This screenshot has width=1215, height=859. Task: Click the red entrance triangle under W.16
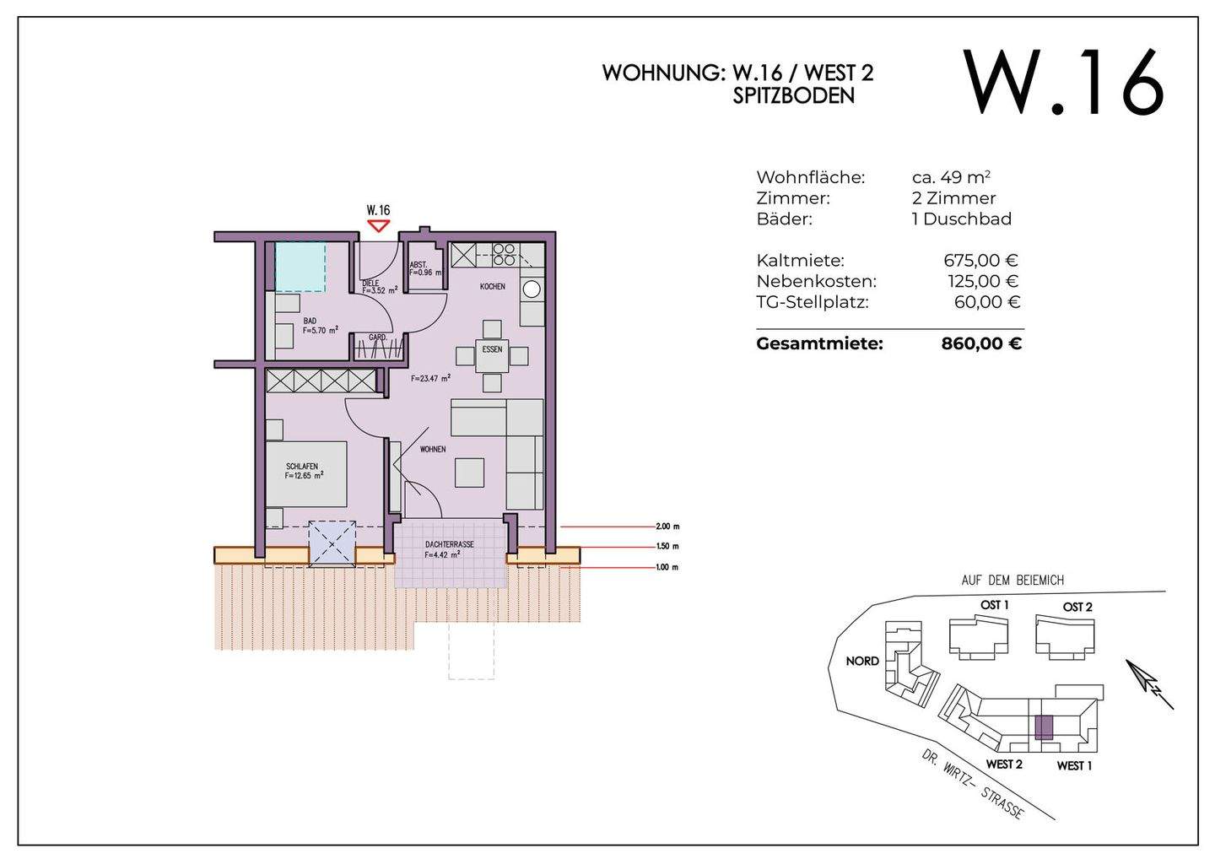pyautogui.click(x=378, y=225)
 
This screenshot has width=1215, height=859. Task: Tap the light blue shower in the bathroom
pyautogui.click(x=300, y=267)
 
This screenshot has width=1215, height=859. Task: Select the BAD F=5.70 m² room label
pyautogui.click(x=320, y=326)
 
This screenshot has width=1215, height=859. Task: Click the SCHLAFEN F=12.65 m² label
pyautogui.click(x=304, y=471)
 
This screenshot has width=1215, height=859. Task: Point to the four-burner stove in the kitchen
pyautogui.click(x=504, y=254)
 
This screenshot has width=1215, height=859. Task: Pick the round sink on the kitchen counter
pyautogui.click(x=532, y=289)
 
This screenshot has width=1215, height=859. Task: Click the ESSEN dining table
pyautogui.click(x=492, y=356)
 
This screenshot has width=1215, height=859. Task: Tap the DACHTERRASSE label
pyautogui.click(x=449, y=544)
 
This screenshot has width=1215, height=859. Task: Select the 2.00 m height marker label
pyautogui.click(x=667, y=526)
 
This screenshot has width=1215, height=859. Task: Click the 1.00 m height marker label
pyautogui.click(x=667, y=567)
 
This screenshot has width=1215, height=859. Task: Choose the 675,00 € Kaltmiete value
pyautogui.click(x=980, y=260)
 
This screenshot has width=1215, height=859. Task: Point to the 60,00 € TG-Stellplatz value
pyautogui.click(x=987, y=301)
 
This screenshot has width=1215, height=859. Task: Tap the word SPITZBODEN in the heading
pyautogui.click(x=793, y=95)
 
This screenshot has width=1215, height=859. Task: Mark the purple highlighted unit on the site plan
pyautogui.click(x=1044, y=727)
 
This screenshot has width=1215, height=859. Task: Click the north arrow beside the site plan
pyautogui.click(x=1149, y=684)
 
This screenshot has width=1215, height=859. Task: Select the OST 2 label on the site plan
pyautogui.click(x=1077, y=607)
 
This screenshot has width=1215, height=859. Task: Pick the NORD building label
pyautogui.click(x=862, y=661)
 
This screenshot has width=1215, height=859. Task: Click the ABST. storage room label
pyautogui.click(x=418, y=265)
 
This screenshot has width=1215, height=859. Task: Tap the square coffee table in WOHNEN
pyautogui.click(x=469, y=473)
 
